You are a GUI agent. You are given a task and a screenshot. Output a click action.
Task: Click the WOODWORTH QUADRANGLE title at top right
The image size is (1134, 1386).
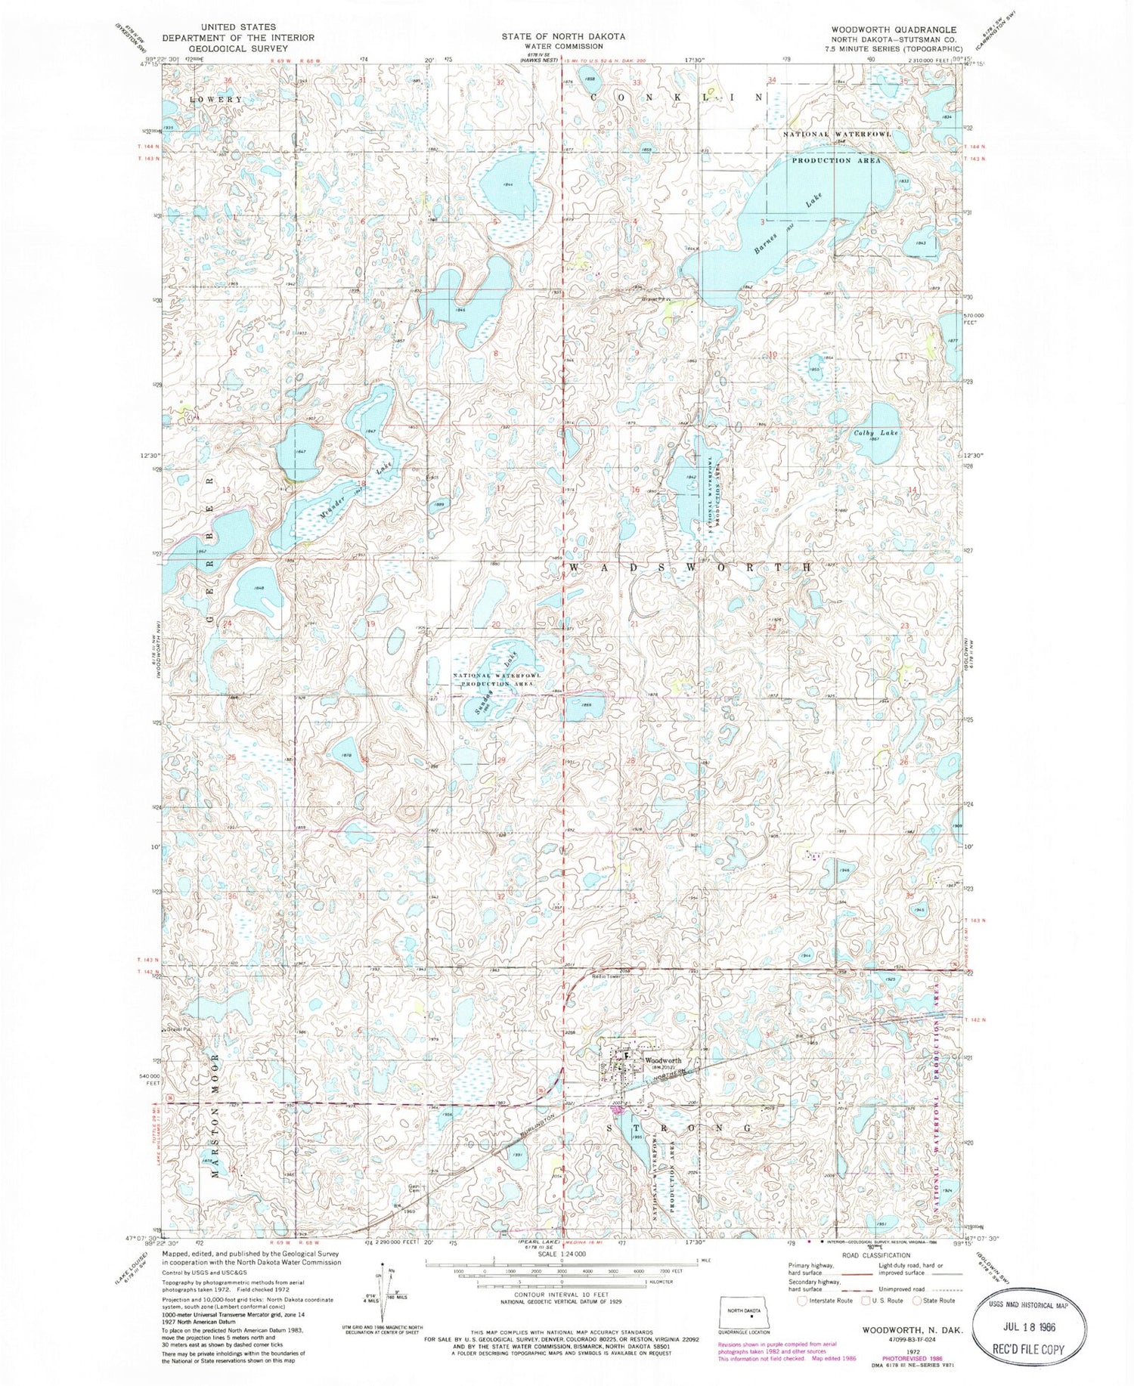pos(903,29)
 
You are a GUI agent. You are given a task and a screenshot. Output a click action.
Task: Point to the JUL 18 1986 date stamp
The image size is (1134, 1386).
pos(1021,1326)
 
